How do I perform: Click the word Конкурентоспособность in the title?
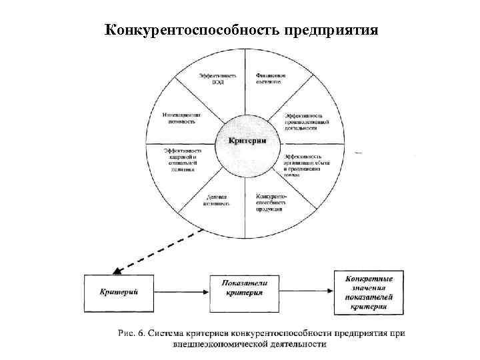click(193, 31)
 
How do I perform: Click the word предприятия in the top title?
click(331, 31)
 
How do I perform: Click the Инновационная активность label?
click(183, 118)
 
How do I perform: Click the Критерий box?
click(119, 291)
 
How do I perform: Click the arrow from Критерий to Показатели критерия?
click(182, 291)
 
